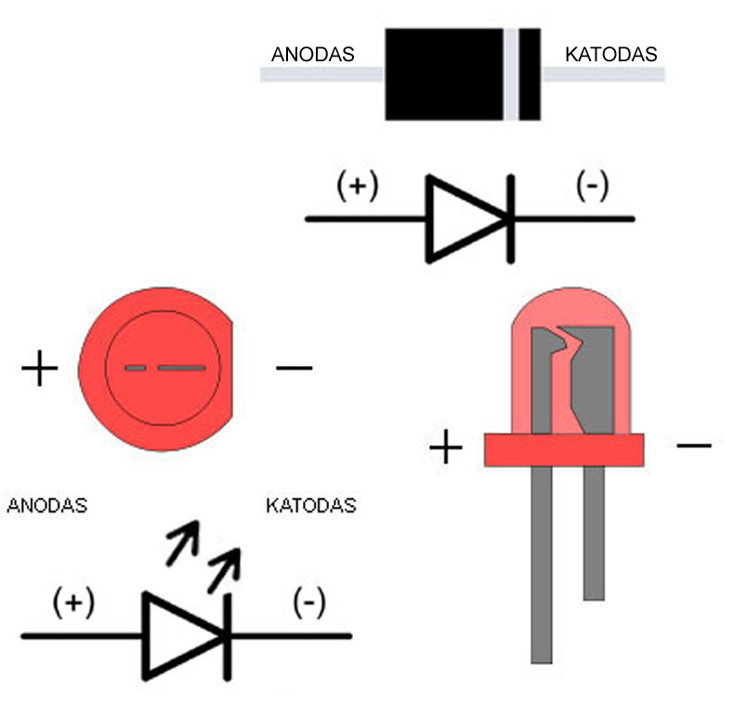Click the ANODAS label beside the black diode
click(313, 54)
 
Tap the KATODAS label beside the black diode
click(611, 54)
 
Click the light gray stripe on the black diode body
click(511, 74)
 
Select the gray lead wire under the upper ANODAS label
click(321, 74)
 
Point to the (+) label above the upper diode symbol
click(358, 186)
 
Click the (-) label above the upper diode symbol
click(593, 186)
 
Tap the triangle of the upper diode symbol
click(467, 219)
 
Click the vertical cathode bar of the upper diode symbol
click(511, 219)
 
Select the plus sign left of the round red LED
click(40, 368)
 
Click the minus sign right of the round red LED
click(295, 368)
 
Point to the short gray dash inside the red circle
click(136, 368)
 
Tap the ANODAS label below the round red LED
click(47, 506)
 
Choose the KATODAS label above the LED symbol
click(311, 506)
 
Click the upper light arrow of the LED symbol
click(183, 542)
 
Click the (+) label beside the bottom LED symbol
click(73, 603)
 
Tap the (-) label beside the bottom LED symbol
click(309, 603)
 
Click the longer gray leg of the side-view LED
click(542, 565)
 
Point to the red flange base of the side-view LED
click(564, 449)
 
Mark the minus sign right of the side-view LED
click(694, 446)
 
